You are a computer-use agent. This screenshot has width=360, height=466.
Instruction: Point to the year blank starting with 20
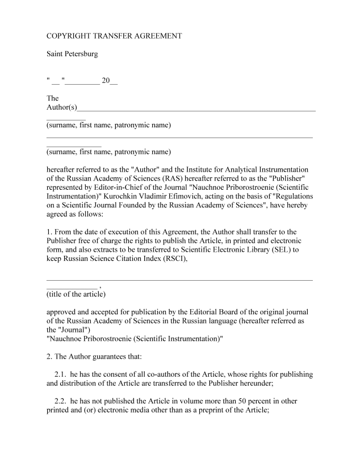coord(110,81)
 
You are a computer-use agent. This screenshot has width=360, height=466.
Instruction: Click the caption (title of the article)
coord(76,295)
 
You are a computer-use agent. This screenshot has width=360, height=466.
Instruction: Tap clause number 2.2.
coord(62,401)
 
